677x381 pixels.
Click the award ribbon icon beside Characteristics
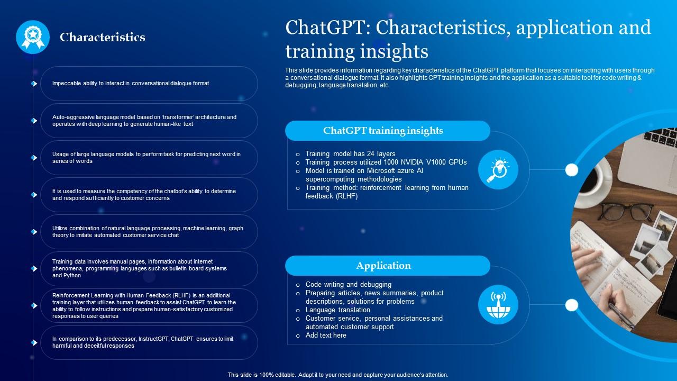33,37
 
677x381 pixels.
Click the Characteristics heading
103,37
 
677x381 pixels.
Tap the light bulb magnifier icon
498,170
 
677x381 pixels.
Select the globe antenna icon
498,304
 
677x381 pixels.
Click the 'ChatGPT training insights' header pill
388,131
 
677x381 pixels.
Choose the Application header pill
388,266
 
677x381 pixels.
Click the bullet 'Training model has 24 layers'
350,153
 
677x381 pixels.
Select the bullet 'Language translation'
337,310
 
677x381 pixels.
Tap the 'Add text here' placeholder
326,335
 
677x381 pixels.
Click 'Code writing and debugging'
349,285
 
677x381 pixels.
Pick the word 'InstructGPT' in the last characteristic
153,339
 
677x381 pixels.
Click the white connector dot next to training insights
572,170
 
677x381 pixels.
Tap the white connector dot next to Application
572,305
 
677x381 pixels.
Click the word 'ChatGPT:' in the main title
328,28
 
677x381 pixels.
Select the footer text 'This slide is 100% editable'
261,375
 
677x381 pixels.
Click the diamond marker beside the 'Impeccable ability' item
34,84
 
